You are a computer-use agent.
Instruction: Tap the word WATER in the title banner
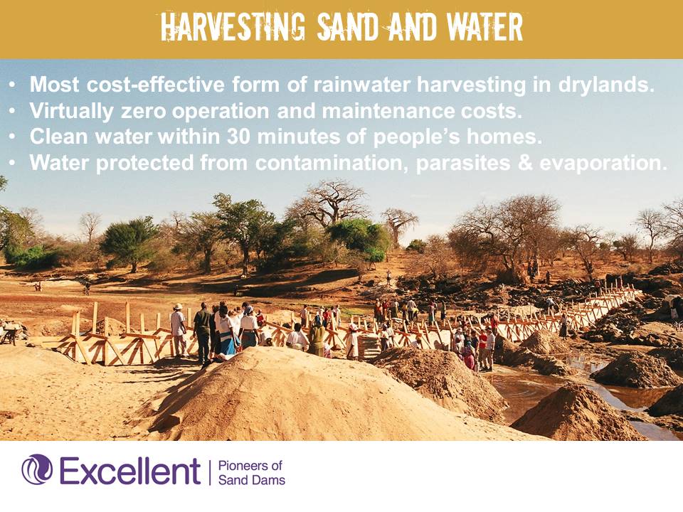click(485, 28)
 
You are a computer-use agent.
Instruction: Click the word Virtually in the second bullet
click(71, 112)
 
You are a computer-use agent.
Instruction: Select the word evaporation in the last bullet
click(603, 164)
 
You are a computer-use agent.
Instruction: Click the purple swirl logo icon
click(37, 469)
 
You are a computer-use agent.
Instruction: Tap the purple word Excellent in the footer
click(129, 471)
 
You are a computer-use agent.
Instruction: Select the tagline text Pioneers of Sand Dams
click(251, 473)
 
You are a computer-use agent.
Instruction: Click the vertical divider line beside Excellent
click(209, 472)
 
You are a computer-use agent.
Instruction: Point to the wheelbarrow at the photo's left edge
click(10, 334)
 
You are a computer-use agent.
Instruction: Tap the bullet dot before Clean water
click(12, 137)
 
